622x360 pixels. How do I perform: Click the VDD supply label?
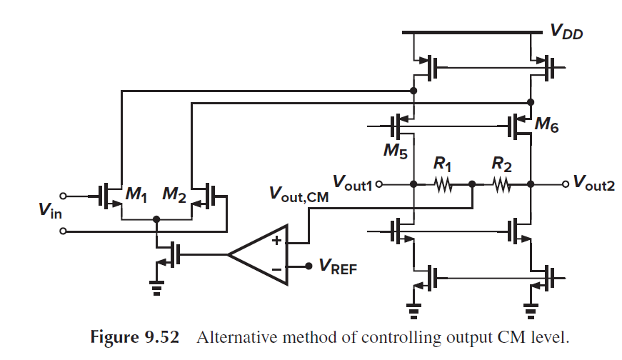coord(566,30)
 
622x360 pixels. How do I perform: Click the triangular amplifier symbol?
coord(261,254)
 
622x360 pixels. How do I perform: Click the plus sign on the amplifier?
coord(276,240)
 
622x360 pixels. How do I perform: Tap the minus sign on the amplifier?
coord(276,268)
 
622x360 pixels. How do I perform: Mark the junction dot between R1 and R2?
coord(472,184)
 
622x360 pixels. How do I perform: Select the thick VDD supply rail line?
coord(472,32)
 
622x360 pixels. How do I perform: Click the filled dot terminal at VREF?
coord(309,266)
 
